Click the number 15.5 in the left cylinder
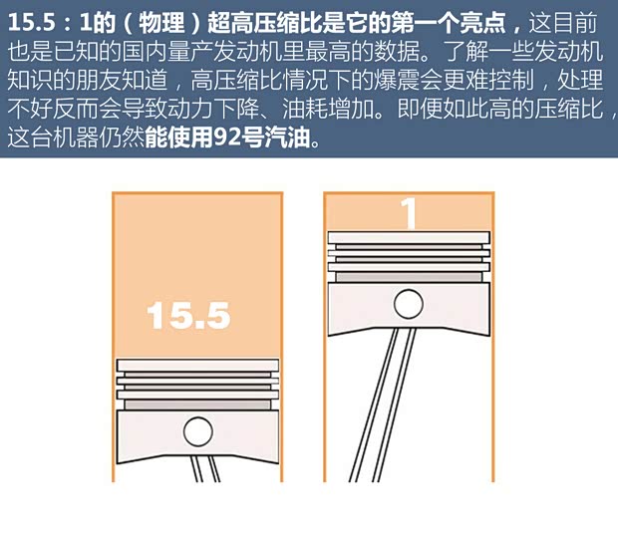188,315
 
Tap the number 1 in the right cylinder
408,212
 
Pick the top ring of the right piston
408,238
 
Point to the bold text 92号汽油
272,139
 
